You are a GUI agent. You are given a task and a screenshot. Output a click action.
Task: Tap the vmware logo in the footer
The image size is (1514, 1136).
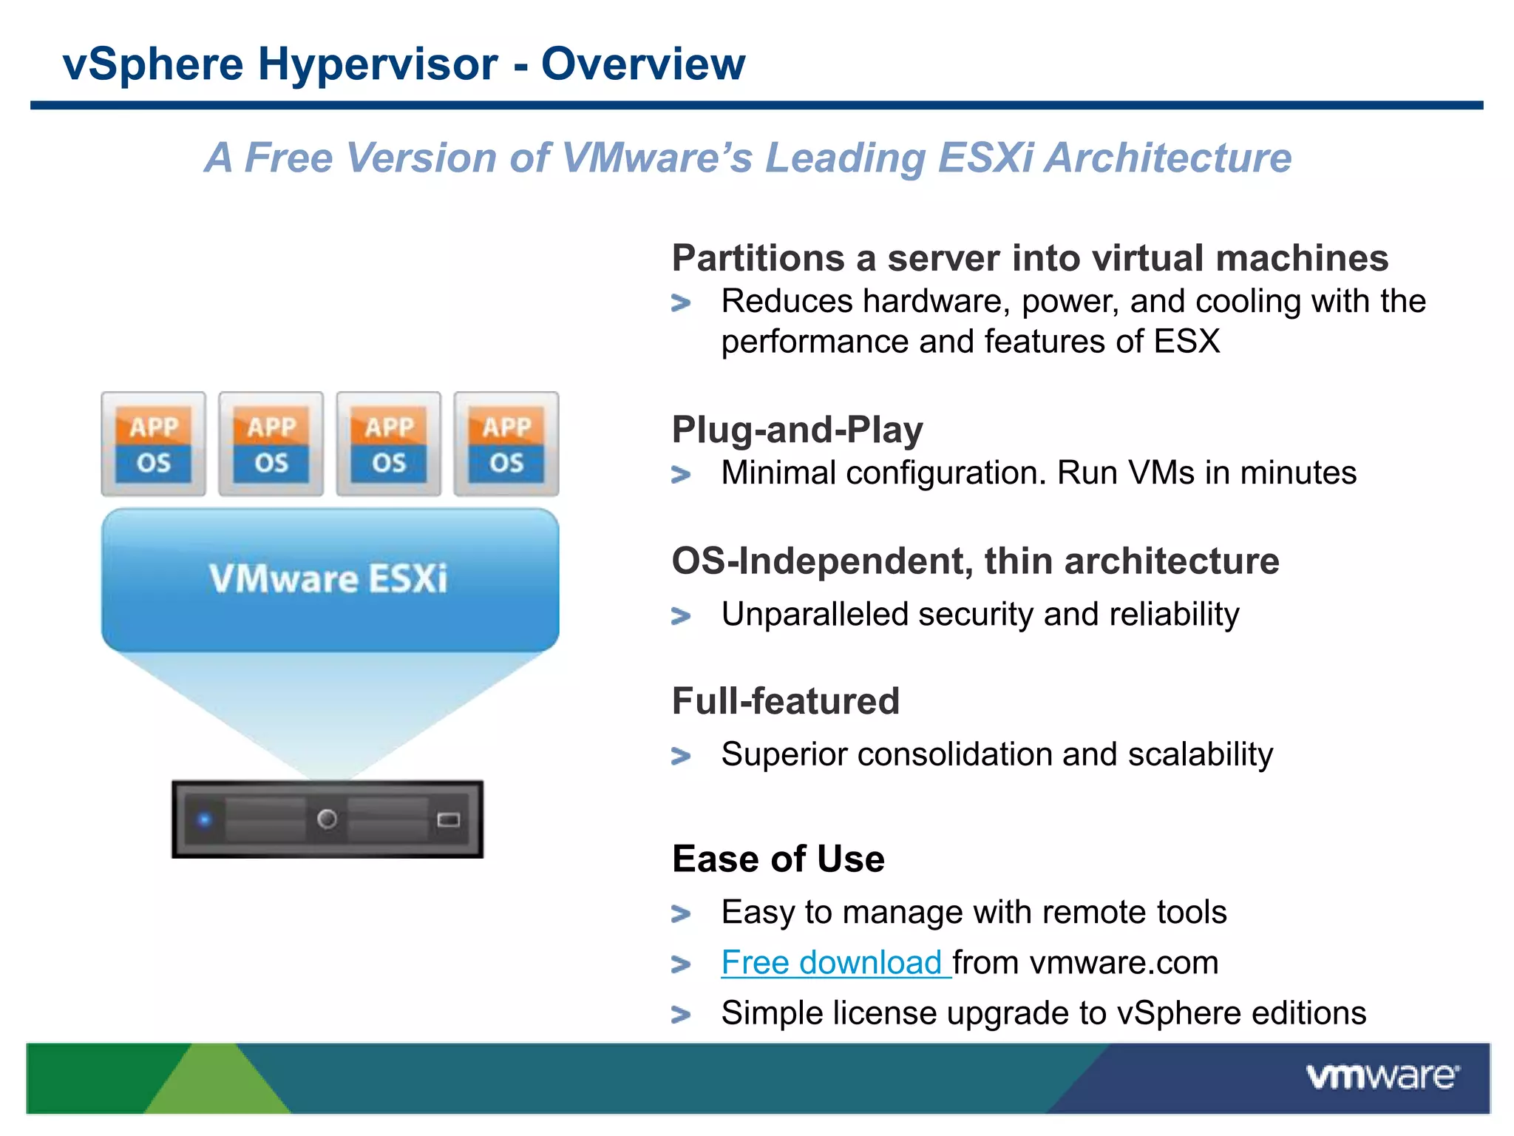(1382, 1076)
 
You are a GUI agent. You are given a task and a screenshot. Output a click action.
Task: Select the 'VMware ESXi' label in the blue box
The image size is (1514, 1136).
(328, 578)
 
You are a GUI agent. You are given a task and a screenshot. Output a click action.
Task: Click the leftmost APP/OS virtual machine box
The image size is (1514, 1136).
(154, 444)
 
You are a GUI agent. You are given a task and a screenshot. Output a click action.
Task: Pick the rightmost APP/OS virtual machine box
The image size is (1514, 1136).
(506, 444)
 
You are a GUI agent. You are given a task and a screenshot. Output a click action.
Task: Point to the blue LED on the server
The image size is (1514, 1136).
(205, 819)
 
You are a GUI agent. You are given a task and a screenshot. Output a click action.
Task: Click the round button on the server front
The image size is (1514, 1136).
(327, 819)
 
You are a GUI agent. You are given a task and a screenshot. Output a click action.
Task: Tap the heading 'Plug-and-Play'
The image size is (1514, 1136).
(797, 430)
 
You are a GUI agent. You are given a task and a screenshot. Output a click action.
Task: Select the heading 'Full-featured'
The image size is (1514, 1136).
(785, 701)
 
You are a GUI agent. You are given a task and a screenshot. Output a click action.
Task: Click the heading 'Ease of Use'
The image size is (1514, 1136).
(778, 859)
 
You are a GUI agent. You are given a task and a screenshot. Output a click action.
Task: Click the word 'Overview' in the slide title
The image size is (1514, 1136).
(643, 64)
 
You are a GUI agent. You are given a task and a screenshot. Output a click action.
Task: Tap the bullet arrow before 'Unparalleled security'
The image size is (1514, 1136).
(681, 616)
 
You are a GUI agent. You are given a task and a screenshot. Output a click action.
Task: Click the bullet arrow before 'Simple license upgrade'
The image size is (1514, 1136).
(681, 1015)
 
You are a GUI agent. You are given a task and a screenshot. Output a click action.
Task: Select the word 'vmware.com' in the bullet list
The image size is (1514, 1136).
(1124, 963)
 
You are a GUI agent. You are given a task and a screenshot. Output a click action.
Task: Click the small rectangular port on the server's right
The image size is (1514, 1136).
(449, 819)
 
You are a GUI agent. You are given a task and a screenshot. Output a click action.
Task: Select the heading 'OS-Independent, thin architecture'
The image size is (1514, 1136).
(975, 561)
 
